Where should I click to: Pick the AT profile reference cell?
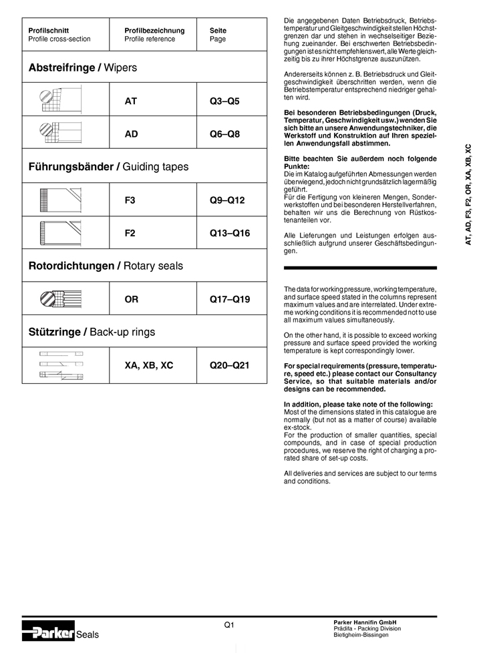pos(131,101)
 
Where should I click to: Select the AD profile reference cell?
pos(131,134)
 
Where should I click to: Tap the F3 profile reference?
pos(130,200)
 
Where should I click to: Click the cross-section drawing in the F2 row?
pos(61,233)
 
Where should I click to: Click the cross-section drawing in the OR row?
pos(61,298)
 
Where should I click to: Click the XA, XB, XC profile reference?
pos(149,365)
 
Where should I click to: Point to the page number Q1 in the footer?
pos(229,624)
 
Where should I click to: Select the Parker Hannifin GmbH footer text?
pos(365,622)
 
